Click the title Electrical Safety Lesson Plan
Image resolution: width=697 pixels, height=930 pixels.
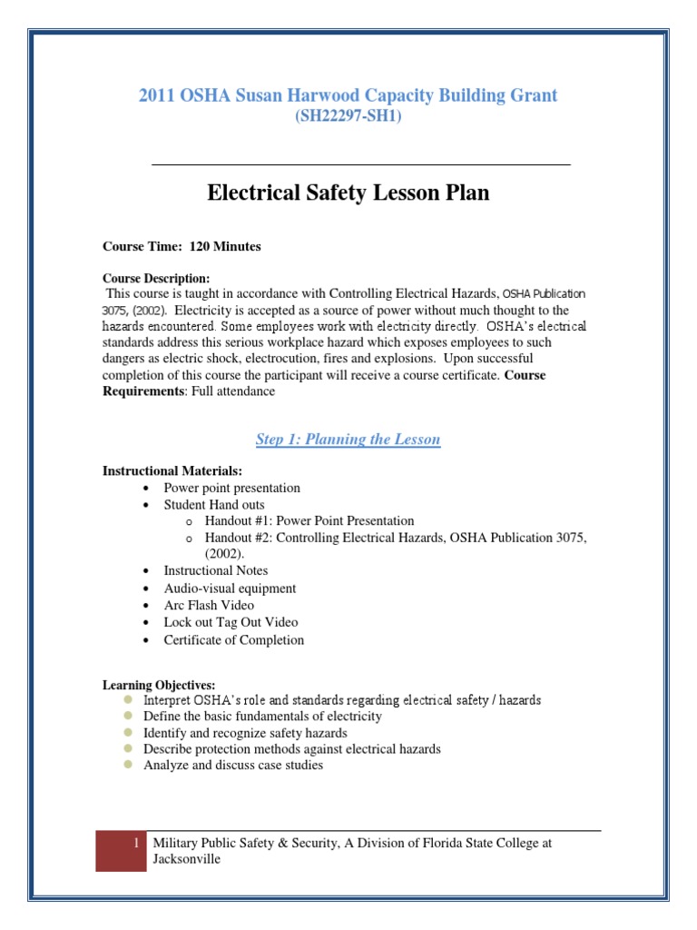(x=348, y=193)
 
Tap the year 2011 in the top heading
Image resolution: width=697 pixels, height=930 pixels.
(x=155, y=94)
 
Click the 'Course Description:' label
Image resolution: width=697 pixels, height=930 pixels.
(x=156, y=278)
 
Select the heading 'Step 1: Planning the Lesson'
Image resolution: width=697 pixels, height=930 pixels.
(x=348, y=440)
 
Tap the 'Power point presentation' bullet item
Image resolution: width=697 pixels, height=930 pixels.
(x=231, y=488)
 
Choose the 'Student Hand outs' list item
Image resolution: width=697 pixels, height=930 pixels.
(x=214, y=504)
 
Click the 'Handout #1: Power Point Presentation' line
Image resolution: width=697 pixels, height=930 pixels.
(x=309, y=520)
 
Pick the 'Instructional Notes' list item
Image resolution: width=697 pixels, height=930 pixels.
(x=216, y=570)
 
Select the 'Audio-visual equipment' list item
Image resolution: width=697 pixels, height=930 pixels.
(x=230, y=588)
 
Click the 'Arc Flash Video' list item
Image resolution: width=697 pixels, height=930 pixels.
(x=209, y=605)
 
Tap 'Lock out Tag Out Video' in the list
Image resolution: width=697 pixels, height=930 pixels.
(x=231, y=622)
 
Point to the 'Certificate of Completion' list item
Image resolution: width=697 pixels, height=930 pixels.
(x=234, y=639)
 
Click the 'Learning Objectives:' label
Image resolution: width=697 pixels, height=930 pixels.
(x=159, y=684)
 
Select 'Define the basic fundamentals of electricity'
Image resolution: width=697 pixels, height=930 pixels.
(x=262, y=717)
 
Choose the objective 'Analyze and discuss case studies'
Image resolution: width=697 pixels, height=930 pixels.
(x=233, y=766)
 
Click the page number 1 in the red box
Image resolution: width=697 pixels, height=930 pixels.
(x=135, y=844)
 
